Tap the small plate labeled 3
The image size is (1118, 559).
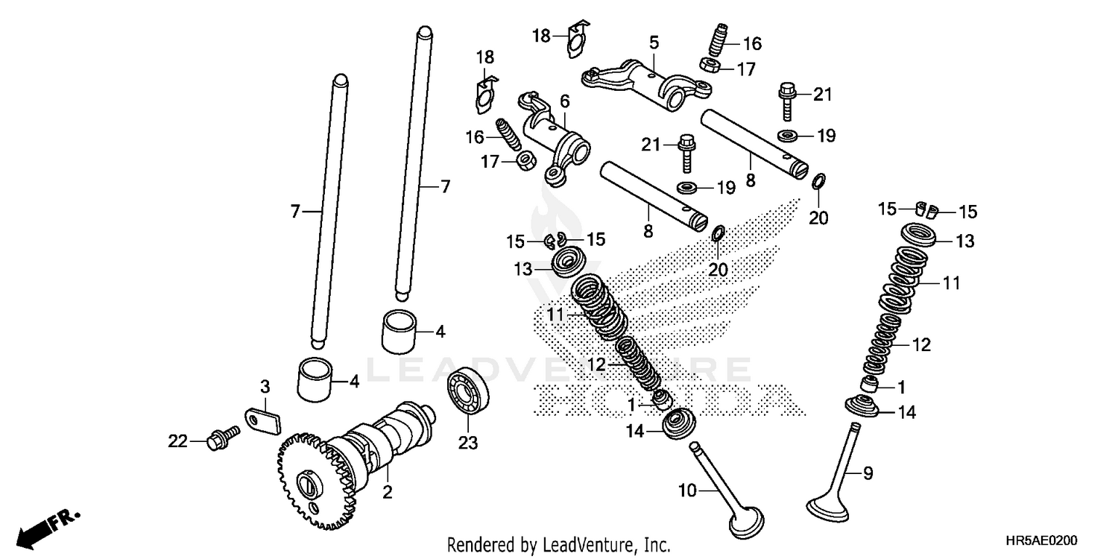click(262, 420)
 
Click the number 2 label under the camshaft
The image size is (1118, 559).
click(388, 493)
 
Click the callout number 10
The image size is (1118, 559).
click(688, 490)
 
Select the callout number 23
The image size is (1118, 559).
click(467, 443)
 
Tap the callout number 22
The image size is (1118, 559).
click(177, 441)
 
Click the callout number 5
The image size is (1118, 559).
click(654, 42)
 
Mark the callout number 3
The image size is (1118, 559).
click(265, 386)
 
